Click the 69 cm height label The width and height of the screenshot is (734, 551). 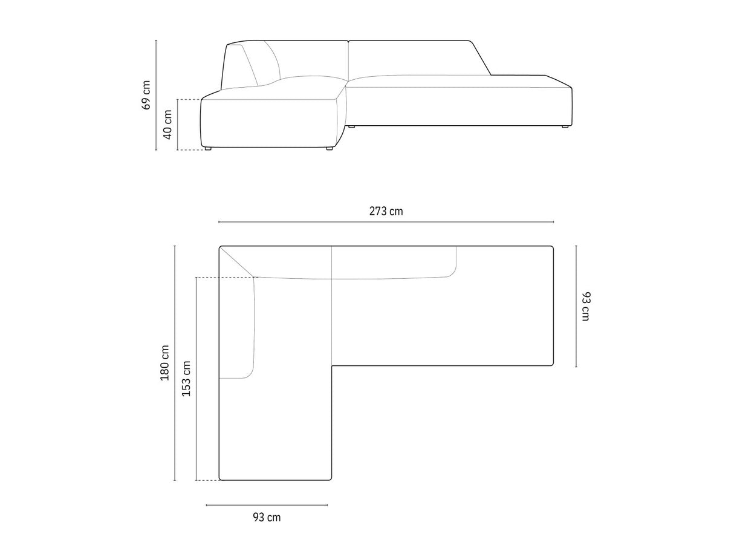pyautogui.click(x=146, y=95)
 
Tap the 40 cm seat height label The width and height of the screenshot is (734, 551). pyautogui.click(x=167, y=125)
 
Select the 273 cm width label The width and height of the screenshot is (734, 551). pyautogui.click(x=386, y=211)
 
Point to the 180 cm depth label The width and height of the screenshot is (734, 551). pyautogui.click(x=165, y=363)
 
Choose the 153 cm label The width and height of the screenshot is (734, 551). pyautogui.click(x=186, y=379)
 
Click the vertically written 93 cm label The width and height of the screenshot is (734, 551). pyautogui.click(x=586, y=306)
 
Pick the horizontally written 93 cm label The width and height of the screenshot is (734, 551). pyautogui.click(x=267, y=517)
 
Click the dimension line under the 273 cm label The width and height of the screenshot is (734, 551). pyautogui.click(x=386, y=222)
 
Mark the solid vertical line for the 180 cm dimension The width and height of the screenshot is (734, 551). pyautogui.click(x=175, y=363)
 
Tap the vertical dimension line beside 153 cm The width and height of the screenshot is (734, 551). pyautogui.click(x=196, y=379)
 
